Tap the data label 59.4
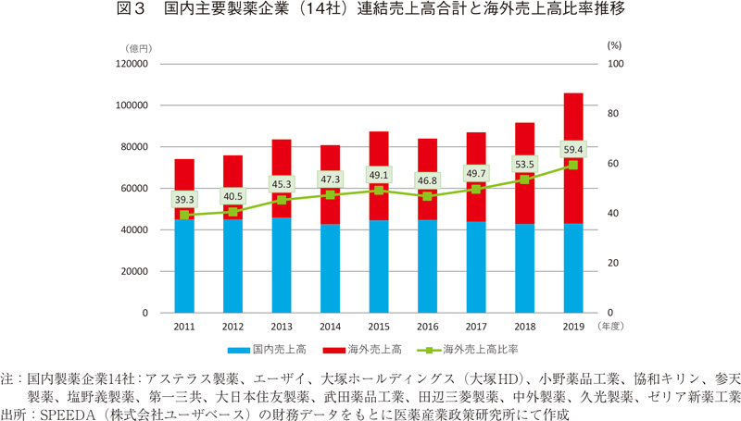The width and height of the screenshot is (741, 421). [x=573, y=148]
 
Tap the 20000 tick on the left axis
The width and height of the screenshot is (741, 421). [x=133, y=271]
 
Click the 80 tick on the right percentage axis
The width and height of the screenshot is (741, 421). [x=612, y=114]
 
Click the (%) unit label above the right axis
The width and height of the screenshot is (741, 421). [x=614, y=44]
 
